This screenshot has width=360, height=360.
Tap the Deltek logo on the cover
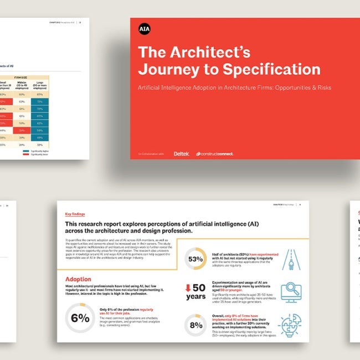[181, 153]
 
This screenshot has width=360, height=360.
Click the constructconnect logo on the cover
[214, 153]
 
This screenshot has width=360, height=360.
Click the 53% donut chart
[196, 259]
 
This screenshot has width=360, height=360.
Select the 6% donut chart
[80, 318]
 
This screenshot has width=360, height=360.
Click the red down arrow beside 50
[188, 287]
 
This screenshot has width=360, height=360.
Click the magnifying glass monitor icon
[291, 292]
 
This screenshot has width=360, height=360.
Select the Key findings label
[76, 214]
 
